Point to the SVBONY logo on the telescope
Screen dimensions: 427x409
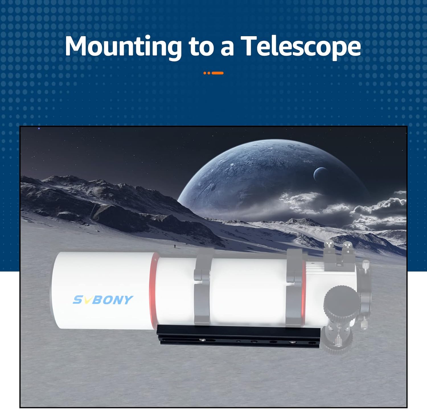pyautogui.click(x=103, y=300)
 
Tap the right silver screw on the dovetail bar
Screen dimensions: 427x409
pyautogui.click(x=292, y=342)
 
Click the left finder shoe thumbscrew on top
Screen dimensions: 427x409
pyautogui.click(x=329, y=245)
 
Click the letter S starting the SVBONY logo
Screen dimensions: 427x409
pyautogui.click(x=78, y=300)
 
